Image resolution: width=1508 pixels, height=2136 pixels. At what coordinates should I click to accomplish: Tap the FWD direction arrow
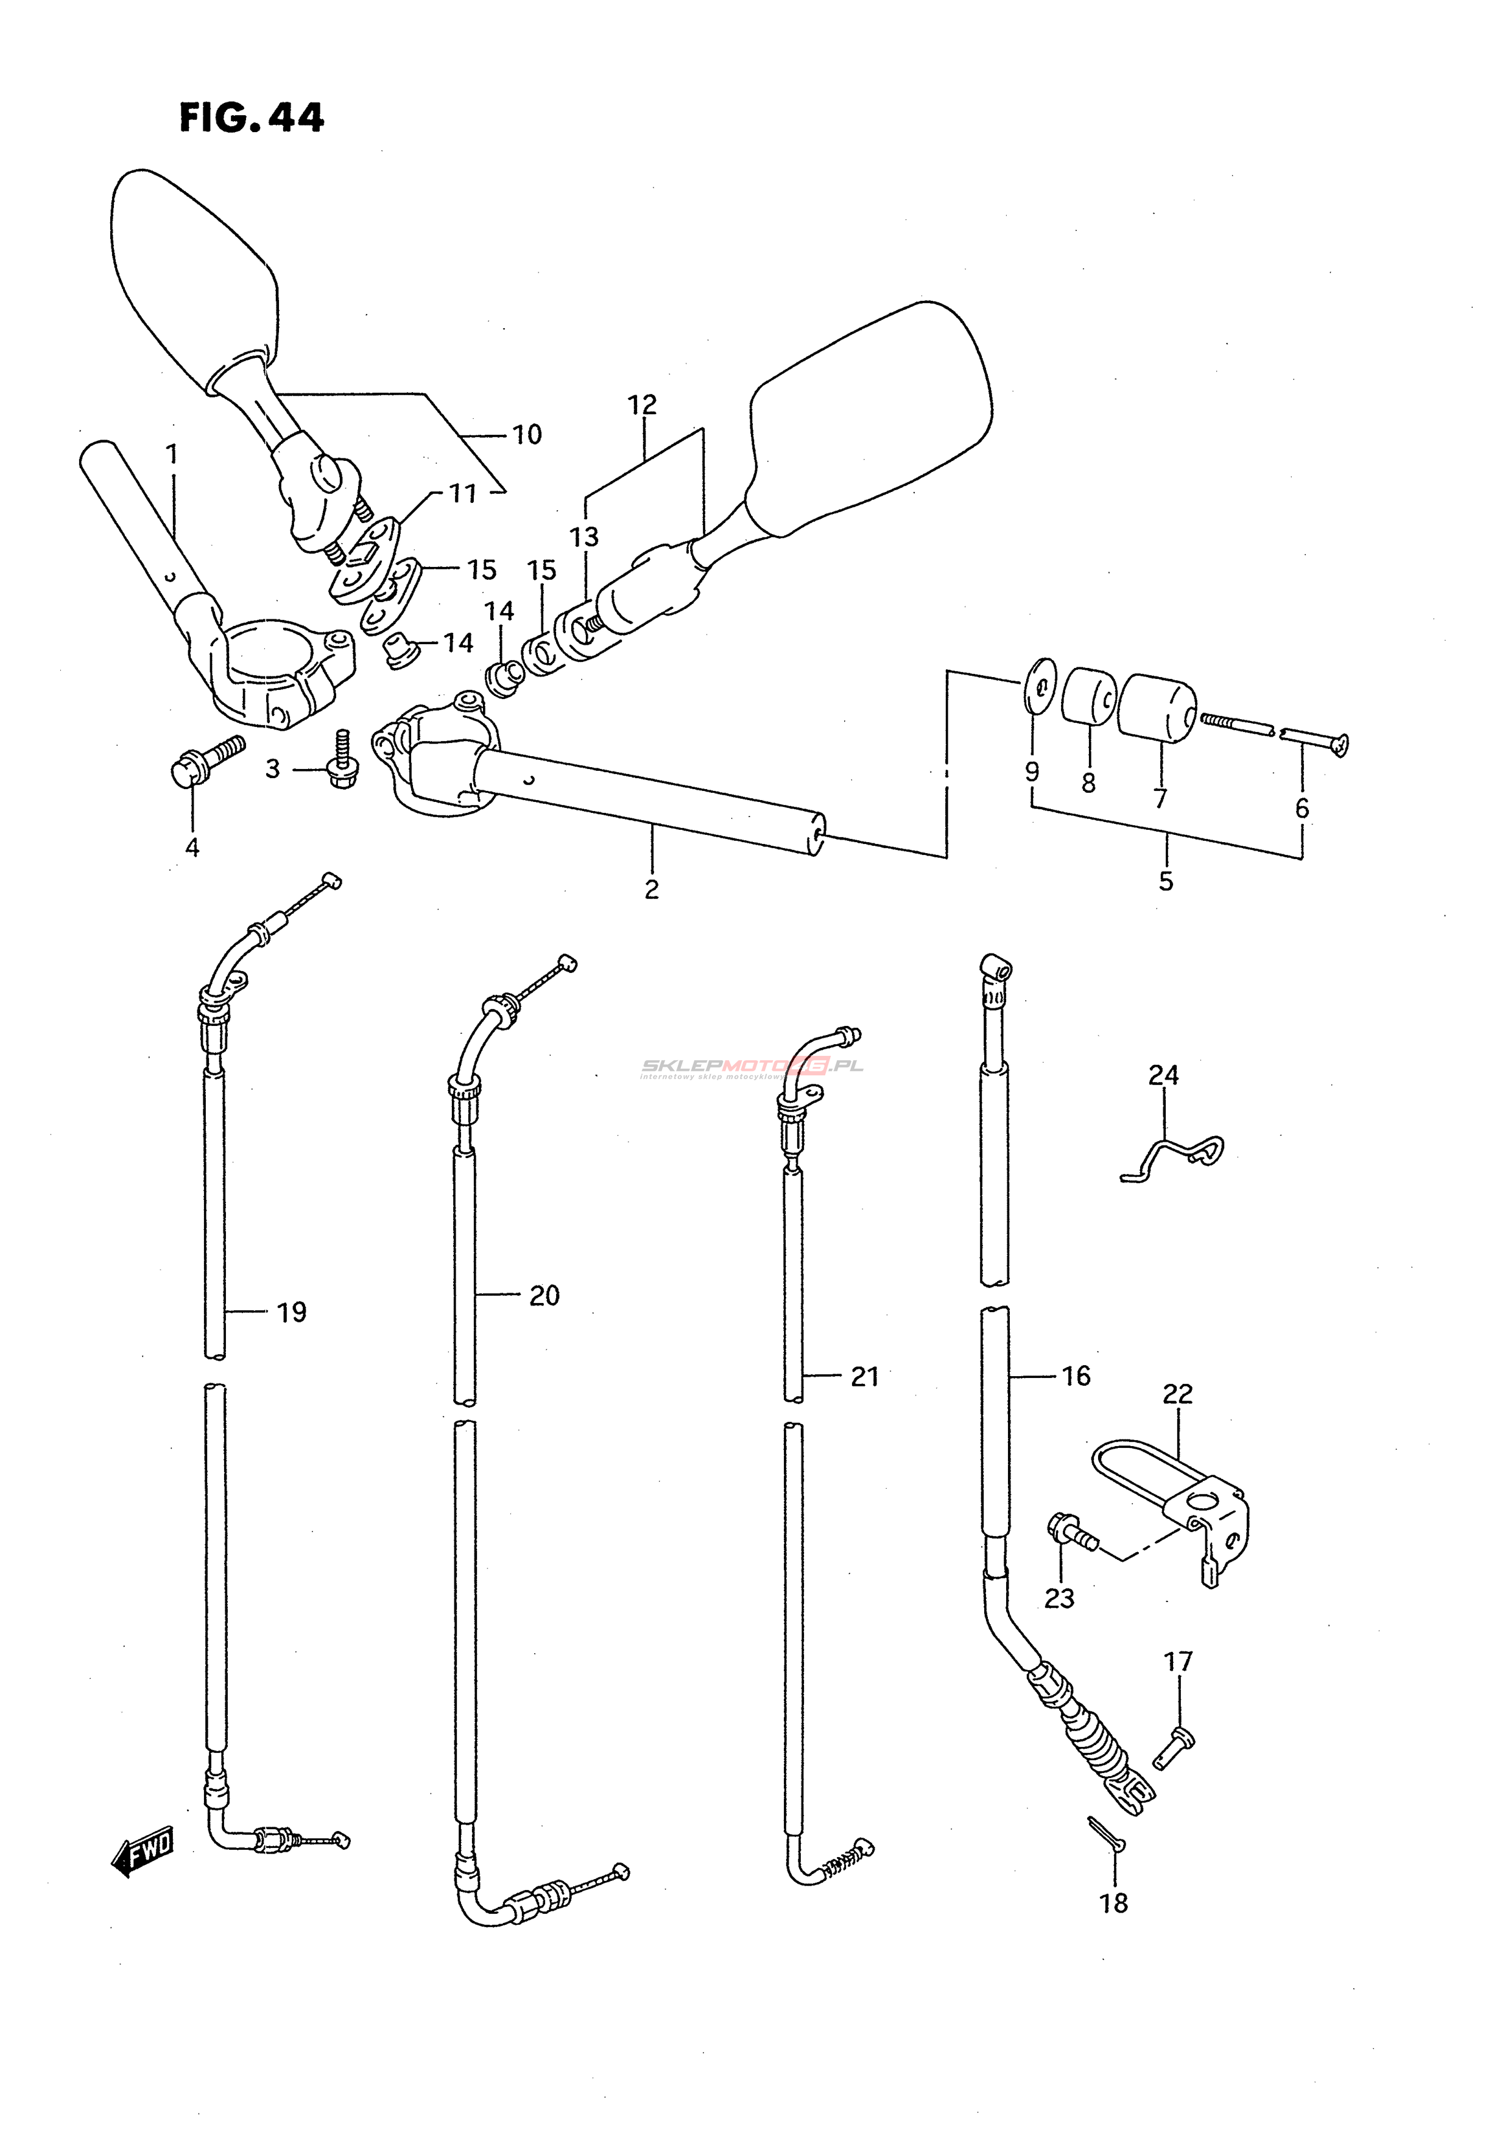tap(141, 1845)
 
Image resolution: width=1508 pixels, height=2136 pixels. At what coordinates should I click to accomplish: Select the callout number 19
tap(291, 1313)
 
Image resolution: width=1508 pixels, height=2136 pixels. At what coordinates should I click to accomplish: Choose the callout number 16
tap(1076, 1376)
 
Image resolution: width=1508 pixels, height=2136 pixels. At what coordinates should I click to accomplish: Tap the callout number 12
tap(642, 405)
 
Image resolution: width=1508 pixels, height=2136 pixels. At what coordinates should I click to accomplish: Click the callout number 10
tap(527, 435)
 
